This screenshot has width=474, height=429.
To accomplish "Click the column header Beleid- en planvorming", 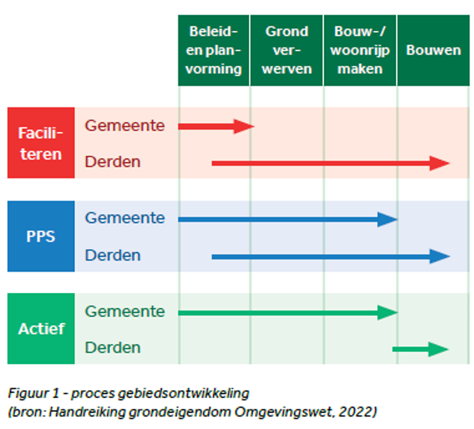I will (x=214, y=50).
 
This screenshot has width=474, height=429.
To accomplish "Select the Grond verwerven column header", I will (x=287, y=50).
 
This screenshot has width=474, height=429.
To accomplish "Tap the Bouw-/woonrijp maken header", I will (x=360, y=50).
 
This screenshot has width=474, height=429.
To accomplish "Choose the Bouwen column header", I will (x=433, y=50).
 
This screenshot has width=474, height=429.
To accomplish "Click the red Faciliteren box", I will (x=41, y=143).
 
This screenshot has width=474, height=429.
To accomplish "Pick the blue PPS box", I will (x=41, y=236).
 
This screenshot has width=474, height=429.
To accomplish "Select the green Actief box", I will (x=41, y=328).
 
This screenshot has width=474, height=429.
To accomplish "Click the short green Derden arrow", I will (x=420, y=349).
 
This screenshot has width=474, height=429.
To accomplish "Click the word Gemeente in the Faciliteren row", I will (x=125, y=125).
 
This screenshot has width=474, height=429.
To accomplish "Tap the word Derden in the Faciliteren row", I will (x=112, y=161).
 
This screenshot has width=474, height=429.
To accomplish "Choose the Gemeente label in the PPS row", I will (x=125, y=218).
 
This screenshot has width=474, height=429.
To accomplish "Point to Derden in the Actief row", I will (x=112, y=347).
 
